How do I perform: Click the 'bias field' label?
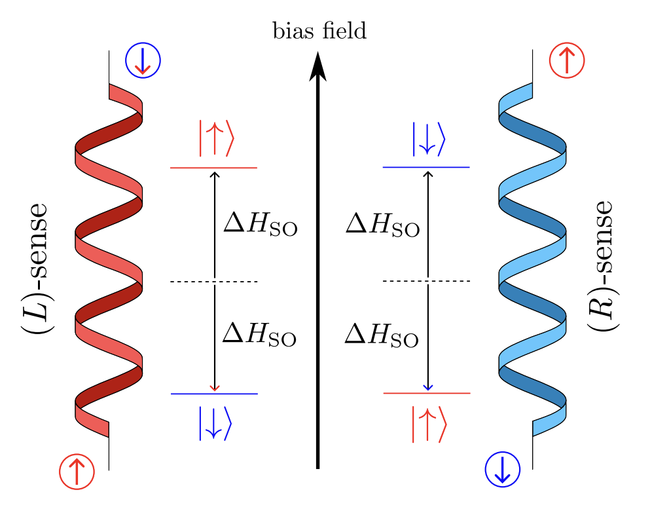tap(319, 31)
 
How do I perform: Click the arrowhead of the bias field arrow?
tap(317, 66)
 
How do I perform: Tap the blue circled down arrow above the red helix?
tap(142, 61)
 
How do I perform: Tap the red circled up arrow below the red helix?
tap(77, 471)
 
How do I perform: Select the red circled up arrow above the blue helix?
tap(567, 61)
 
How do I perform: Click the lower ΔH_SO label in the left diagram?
tap(261, 335)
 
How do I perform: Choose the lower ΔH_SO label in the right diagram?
tap(382, 335)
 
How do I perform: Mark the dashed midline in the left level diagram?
tap(190, 282)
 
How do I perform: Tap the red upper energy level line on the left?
tap(190, 168)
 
